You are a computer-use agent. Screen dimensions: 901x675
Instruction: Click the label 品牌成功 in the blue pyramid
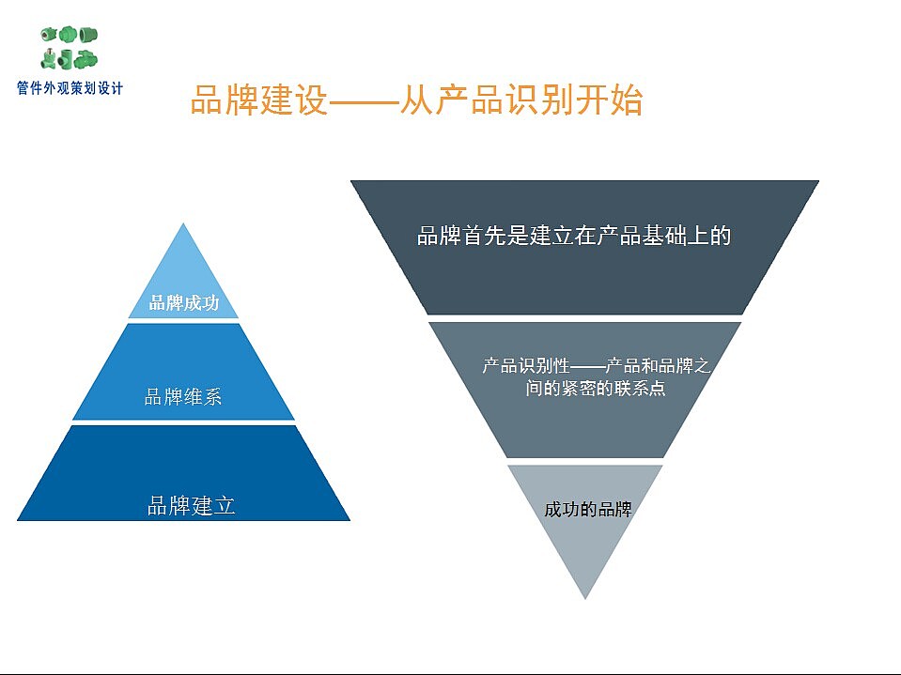[184, 302]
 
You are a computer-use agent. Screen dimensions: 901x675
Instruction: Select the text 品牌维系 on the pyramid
[182, 396]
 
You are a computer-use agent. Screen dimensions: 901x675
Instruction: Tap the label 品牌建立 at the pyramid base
[192, 506]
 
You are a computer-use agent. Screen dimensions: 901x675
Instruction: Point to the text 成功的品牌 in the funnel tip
[588, 509]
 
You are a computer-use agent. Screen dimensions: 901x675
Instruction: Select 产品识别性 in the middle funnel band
[526, 365]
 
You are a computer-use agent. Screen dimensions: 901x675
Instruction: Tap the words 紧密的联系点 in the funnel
[614, 389]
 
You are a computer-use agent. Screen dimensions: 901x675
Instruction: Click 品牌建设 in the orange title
[258, 100]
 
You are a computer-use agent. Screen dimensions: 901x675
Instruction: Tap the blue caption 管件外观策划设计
[70, 88]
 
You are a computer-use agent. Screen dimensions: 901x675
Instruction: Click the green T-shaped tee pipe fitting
[64, 58]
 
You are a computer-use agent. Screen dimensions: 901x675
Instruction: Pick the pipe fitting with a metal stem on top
[48, 59]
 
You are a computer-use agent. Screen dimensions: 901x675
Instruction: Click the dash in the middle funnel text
[588, 366]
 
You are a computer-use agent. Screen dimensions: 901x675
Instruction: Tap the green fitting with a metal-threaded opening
[48, 35]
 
